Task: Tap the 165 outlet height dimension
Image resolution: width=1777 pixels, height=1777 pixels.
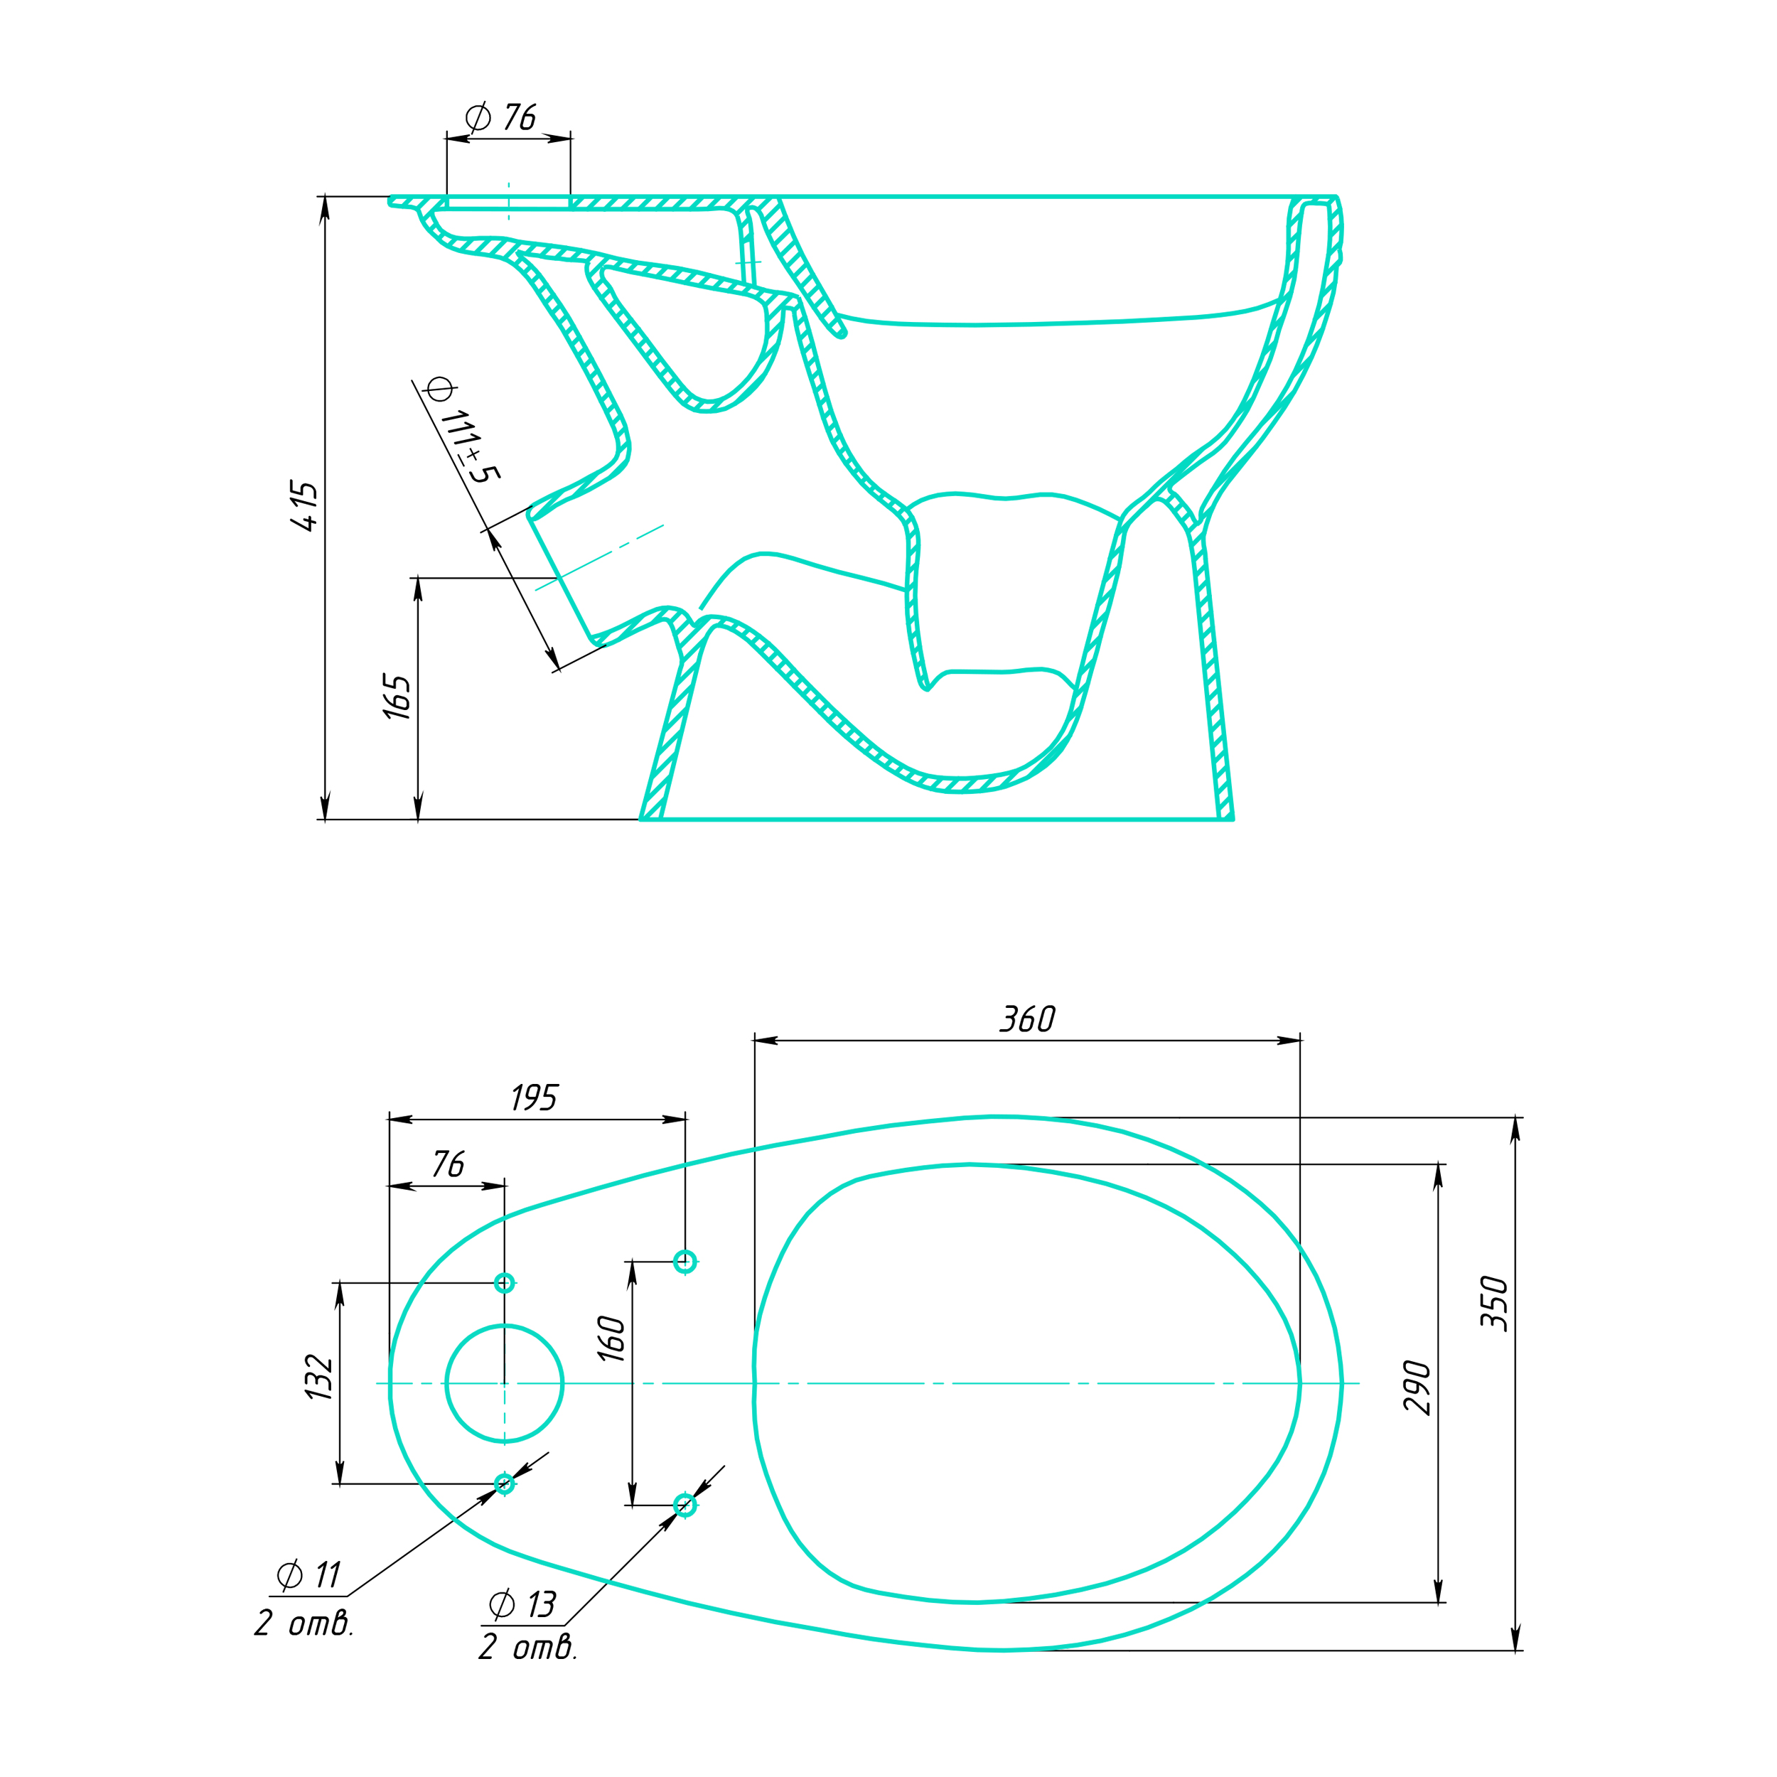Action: click(397, 697)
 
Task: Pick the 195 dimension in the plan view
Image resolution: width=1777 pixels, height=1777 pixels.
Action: click(535, 1098)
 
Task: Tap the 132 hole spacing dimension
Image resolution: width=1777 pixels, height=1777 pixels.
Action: click(319, 1377)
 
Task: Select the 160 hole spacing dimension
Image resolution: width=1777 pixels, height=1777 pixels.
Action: click(612, 1338)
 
